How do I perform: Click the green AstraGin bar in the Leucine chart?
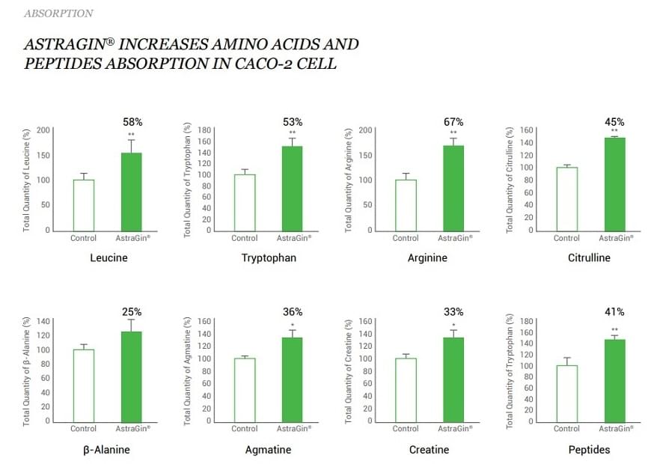131,192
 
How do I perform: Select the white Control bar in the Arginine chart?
406,204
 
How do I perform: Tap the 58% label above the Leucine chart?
132,121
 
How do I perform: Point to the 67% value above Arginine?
453,122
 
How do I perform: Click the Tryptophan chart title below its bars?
269,258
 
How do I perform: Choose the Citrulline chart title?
588,258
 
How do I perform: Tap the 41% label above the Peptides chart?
615,312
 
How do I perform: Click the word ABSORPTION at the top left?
58,13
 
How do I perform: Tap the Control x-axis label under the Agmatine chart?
245,429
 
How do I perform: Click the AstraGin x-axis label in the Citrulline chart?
615,238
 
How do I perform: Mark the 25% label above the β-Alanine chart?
132,312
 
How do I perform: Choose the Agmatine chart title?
269,450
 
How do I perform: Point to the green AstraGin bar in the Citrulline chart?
614,183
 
